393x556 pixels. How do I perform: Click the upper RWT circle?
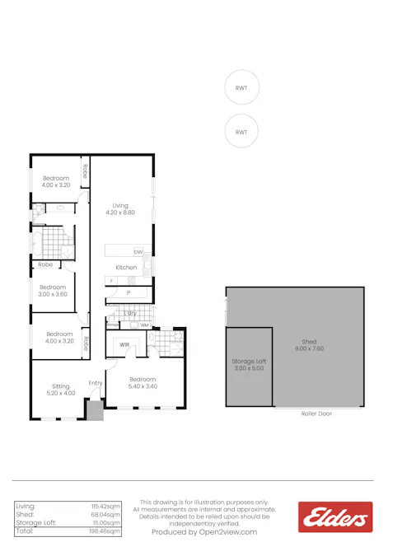click(241, 88)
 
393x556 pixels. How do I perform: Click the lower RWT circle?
click(241, 132)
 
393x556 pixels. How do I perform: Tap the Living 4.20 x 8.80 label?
click(120, 209)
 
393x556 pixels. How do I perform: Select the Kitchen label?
click(126, 268)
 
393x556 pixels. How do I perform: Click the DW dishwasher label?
click(138, 251)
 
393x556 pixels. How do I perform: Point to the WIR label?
click(125, 344)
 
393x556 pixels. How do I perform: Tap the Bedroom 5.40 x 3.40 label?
click(143, 382)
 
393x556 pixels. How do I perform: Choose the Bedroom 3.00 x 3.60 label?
click(53, 291)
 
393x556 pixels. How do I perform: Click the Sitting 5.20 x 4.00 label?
click(60, 389)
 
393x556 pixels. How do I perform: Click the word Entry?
click(96, 382)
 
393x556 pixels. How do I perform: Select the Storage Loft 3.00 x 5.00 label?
click(248, 365)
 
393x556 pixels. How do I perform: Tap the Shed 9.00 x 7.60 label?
click(309, 344)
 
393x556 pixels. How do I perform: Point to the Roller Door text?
click(316, 413)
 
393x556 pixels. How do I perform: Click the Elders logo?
click(335, 518)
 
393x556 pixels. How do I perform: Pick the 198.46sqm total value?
click(105, 532)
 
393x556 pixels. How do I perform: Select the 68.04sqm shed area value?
click(106, 514)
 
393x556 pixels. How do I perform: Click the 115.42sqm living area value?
click(106, 505)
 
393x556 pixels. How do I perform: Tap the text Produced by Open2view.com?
click(204, 532)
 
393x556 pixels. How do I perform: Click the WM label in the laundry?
click(144, 325)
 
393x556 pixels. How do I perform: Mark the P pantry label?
click(128, 292)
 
